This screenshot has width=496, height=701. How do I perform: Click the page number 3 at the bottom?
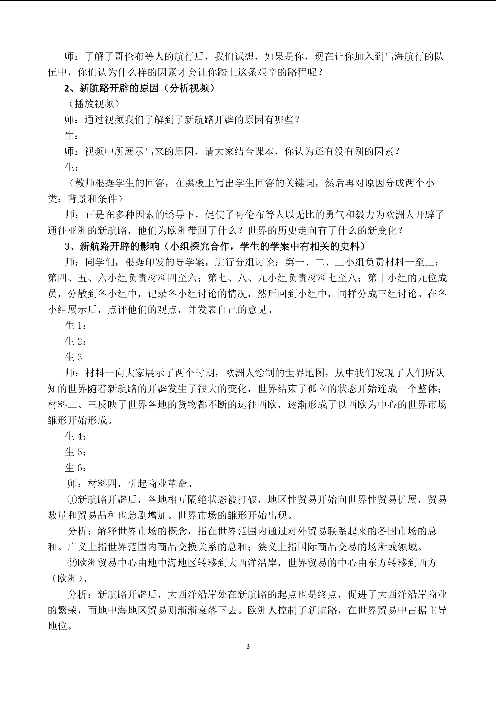(248, 646)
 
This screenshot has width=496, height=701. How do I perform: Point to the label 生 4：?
(75, 436)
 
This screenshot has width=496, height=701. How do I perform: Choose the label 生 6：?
(75, 468)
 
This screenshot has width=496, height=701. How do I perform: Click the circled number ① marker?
(72, 499)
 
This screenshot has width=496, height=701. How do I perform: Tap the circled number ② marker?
(72, 563)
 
